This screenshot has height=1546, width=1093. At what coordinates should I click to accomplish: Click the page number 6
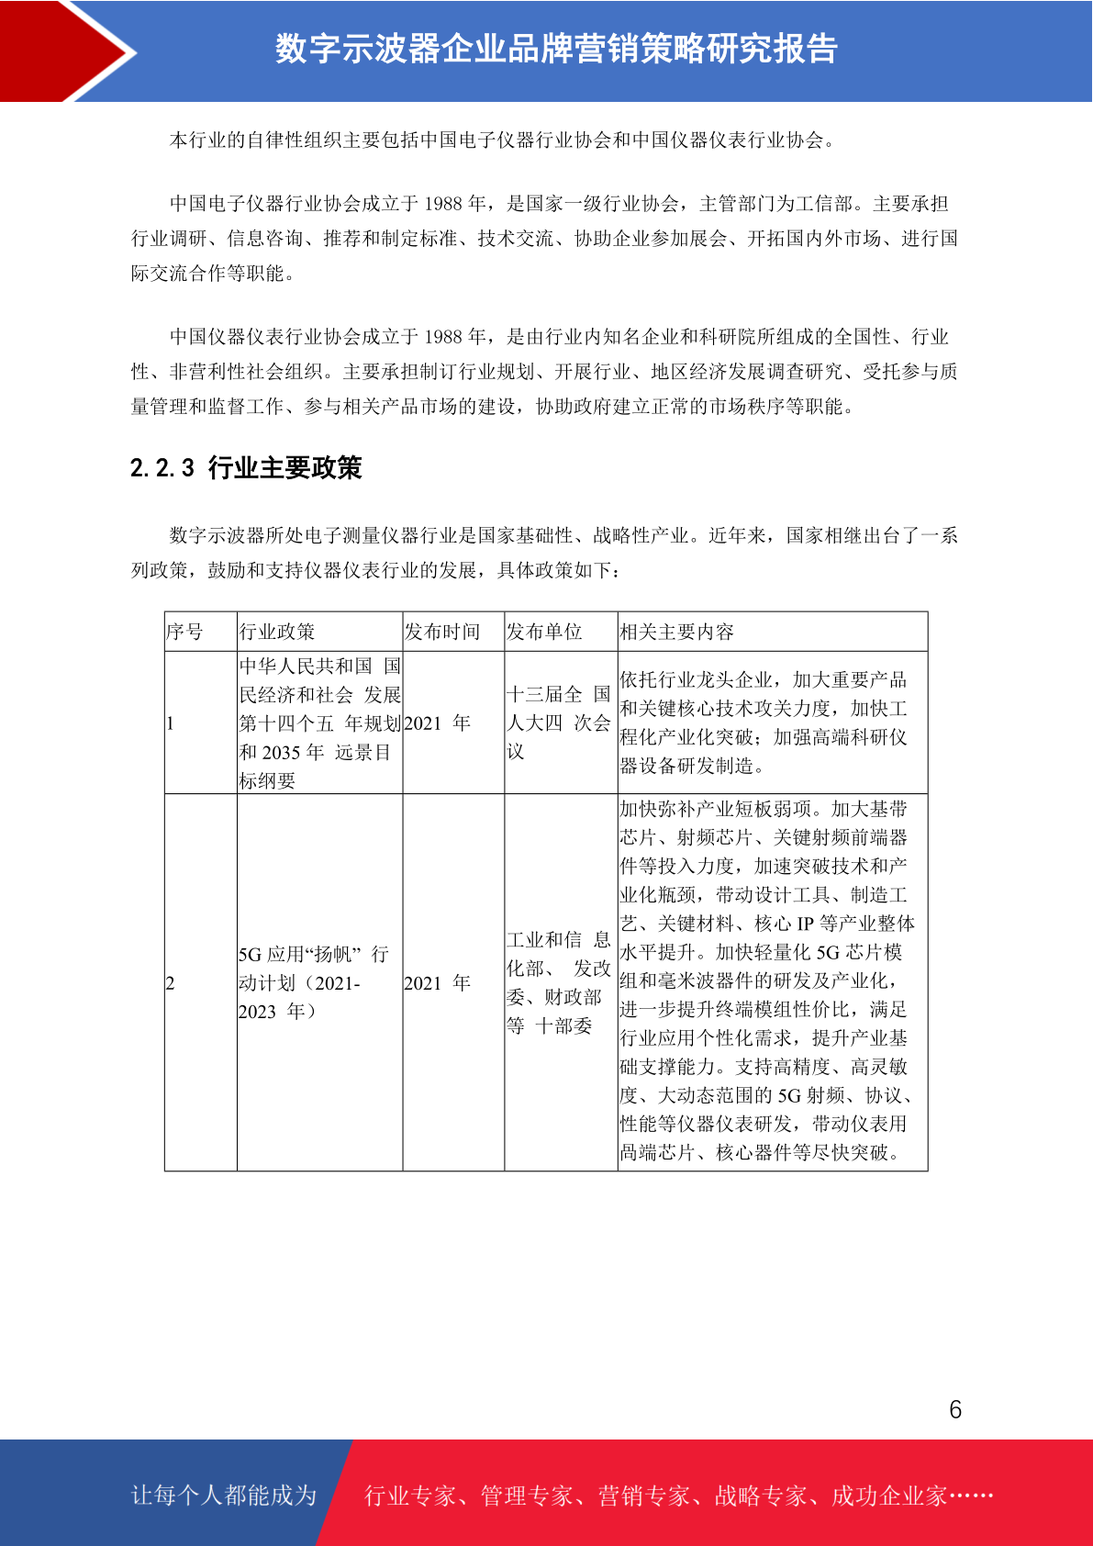click(954, 1409)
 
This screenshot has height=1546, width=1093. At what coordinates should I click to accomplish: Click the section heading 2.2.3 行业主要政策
click(246, 468)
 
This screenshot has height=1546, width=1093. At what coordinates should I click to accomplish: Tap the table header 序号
click(184, 632)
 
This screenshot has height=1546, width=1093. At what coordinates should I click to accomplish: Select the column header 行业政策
click(277, 632)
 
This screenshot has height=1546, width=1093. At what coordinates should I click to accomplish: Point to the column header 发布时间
click(442, 632)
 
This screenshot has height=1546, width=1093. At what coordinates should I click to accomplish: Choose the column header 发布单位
click(544, 632)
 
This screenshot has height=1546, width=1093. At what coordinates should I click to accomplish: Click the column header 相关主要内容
click(676, 632)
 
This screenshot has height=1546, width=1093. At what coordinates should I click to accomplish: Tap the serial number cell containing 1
click(171, 723)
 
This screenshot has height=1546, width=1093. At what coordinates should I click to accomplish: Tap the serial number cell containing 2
click(171, 983)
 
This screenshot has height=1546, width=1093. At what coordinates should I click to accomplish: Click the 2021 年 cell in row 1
click(438, 723)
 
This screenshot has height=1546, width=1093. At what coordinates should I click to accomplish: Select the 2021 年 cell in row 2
click(438, 983)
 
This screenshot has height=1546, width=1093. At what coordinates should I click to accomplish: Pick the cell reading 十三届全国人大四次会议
click(558, 723)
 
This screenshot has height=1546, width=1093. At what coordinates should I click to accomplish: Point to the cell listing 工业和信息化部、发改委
click(558, 982)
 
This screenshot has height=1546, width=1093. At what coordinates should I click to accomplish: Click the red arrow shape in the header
click(69, 50)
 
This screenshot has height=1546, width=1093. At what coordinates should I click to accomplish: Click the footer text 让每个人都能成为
click(224, 1496)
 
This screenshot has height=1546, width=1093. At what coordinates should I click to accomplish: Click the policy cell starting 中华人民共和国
click(319, 723)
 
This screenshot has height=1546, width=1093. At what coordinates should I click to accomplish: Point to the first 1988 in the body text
click(443, 204)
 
